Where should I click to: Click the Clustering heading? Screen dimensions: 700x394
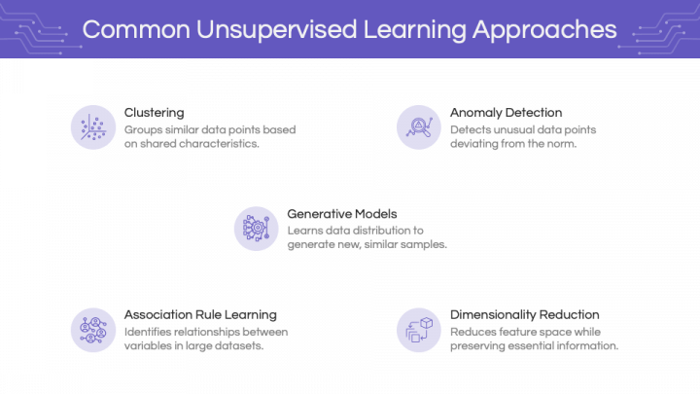[x=154, y=113]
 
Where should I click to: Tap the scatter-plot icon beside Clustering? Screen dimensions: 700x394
[x=93, y=127]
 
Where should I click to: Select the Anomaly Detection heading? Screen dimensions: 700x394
[x=506, y=113]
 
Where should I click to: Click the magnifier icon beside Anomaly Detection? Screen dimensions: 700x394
[x=419, y=127]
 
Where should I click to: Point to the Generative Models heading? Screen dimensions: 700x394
[x=342, y=214]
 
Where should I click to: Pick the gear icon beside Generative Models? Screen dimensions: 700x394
[x=257, y=229]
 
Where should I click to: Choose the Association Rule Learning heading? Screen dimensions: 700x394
[x=200, y=315]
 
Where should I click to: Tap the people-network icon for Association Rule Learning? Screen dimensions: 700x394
[x=93, y=330]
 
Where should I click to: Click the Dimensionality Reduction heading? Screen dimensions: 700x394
[x=525, y=315]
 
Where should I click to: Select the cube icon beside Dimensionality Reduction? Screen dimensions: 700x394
[x=419, y=330]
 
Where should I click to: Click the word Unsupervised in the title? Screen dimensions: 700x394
[x=276, y=29]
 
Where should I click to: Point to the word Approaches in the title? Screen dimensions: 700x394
[x=544, y=30]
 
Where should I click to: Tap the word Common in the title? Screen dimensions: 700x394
[x=136, y=29]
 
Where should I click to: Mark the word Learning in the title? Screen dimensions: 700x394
[x=415, y=30]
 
